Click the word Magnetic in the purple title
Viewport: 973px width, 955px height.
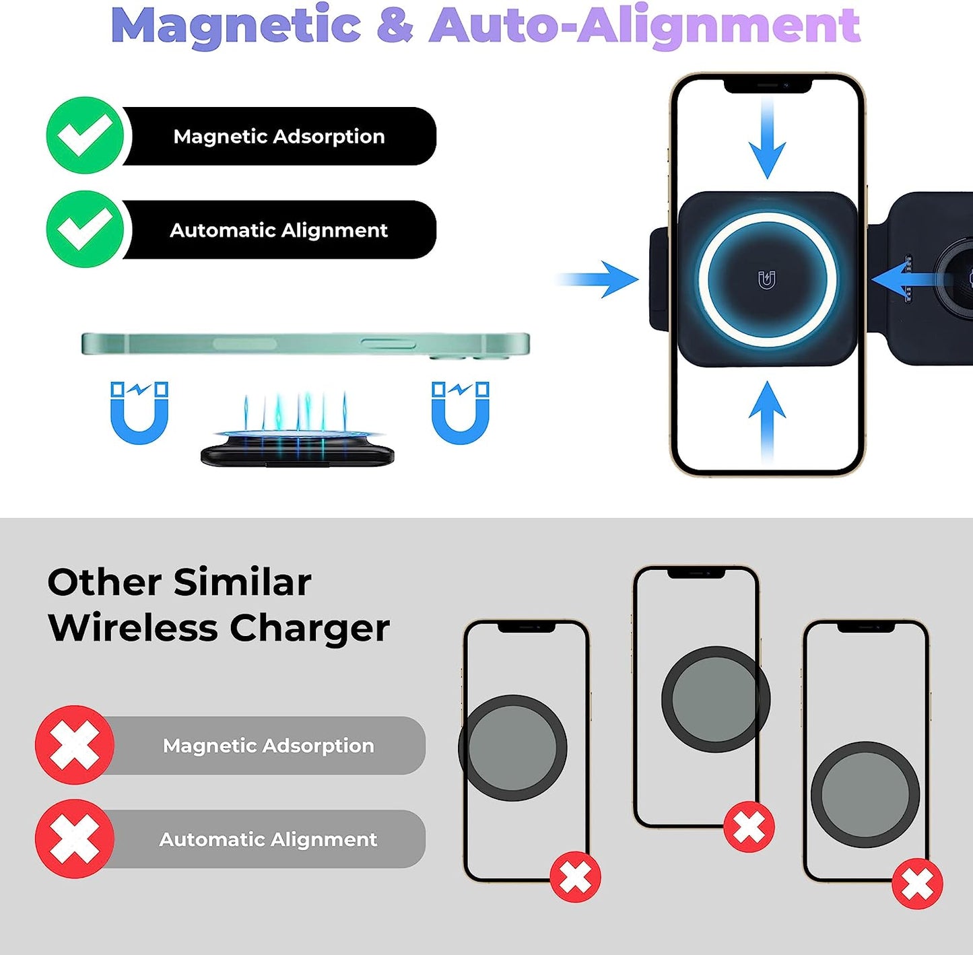[x=236, y=26]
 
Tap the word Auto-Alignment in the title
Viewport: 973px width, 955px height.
[x=644, y=26]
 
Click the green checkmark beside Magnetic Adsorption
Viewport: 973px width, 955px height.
[x=85, y=135]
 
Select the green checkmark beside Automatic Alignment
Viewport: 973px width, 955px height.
[x=85, y=229]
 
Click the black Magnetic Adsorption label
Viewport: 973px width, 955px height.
[x=279, y=136]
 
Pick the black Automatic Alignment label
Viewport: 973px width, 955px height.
[x=279, y=230]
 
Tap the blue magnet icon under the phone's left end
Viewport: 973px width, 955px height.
[x=139, y=413]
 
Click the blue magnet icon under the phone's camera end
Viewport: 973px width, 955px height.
[x=461, y=413]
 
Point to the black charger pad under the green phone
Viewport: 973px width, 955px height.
[x=297, y=454]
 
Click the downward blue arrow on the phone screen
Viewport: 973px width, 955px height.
[x=767, y=141]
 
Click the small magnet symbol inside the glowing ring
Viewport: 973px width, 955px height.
[x=767, y=279]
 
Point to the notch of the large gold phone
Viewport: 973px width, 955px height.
[x=767, y=85]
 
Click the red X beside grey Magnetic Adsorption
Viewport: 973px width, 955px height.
[x=75, y=745]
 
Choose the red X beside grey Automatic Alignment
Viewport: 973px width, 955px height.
[x=75, y=839]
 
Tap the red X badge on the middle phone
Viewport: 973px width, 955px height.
[x=749, y=826]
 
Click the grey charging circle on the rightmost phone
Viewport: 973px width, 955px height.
[x=865, y=795]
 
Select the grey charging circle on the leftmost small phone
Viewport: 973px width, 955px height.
[x=512, y=748]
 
